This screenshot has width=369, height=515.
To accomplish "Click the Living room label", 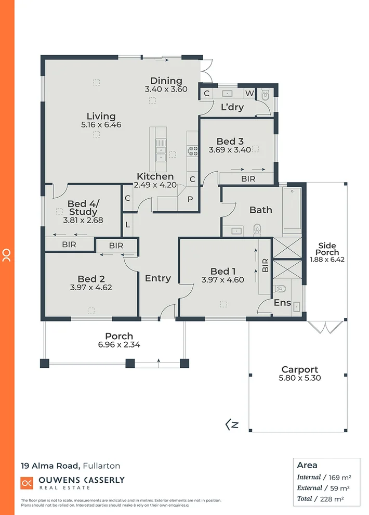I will pyautogui.click(x=101, y=116).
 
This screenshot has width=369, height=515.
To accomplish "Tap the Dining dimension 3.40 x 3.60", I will pyautogui.click(x=166, y=89).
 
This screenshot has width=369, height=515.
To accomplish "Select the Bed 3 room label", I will pyautogui.click(x=230, y=141).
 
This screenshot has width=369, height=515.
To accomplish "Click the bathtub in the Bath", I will pyautogui.click(x=293, y=210).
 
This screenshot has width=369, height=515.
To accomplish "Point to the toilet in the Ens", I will pyautogui.click(x=280, y=288).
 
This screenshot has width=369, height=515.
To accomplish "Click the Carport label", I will pyautogui.click(x=299, y=369).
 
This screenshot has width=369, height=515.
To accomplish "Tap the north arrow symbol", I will pyautogui.click(x=232, y=424).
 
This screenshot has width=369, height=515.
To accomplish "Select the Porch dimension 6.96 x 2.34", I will pyautogui.click(x=119, y=344).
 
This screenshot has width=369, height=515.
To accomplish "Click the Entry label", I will pyautogui.click(x=158, y=278).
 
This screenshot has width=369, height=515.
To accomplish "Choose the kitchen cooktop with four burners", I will pyautogui.click(x=193, y=151).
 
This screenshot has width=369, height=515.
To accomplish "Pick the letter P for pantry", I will pyautogui.click(x=190, y=199).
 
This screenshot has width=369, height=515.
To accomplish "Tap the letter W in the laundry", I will pyautogui.click(x=249, y=94).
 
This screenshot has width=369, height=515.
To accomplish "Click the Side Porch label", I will pyautogui.click(x=327, y=249).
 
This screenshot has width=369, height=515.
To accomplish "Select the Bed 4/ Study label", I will pyautogui.click(x=83, y=208).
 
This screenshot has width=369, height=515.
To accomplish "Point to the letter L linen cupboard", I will pyautogui.click(x=128, y=225).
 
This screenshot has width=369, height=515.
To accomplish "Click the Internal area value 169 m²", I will pyautogui.click(x=338, y=477).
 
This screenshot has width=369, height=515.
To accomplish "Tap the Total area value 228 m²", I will pyautogui.click(x=338, y=498).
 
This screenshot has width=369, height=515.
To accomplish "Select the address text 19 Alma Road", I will pyautogui.click(x=50, y=465).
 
